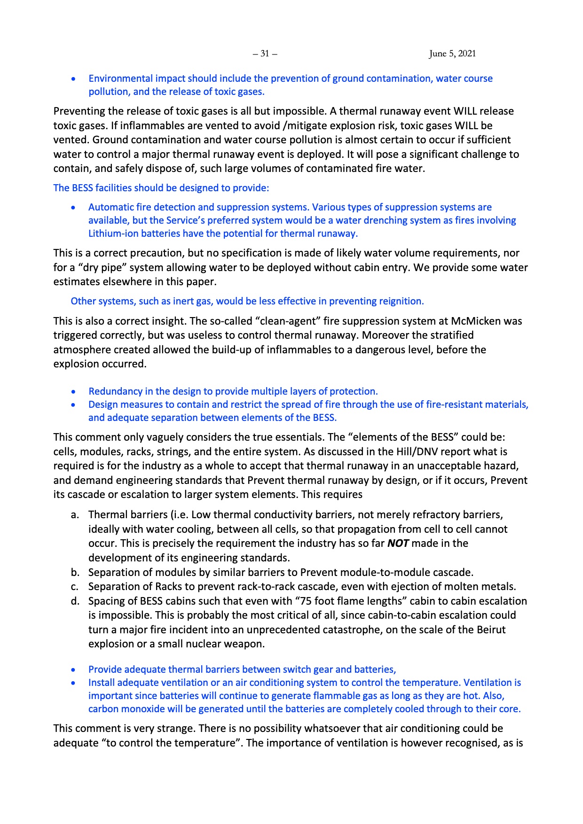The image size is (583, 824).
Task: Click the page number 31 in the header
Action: pyautogui.click(x=265, y=54)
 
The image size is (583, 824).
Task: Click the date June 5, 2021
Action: pyautogui.click(x=452, y=54)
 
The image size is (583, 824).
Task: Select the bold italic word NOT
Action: pyautogui.click(x=398, y=544)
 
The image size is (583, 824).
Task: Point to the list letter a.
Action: pyautogui.click(x=75, y=515)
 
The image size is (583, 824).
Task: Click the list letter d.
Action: pyautogui.click(x=75, y=601)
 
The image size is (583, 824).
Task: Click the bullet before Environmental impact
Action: pyautogui.click(x=73, y=79)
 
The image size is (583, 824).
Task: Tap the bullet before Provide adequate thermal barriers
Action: pyautogui.click(x=73, y=670)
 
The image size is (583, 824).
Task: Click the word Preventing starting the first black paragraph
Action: pyautogui.click(x=76, y=111)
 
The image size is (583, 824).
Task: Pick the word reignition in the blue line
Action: pyautogui.click(x=399, y=301)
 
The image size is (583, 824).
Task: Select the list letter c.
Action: pyautogui.click(x=75, y=587)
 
